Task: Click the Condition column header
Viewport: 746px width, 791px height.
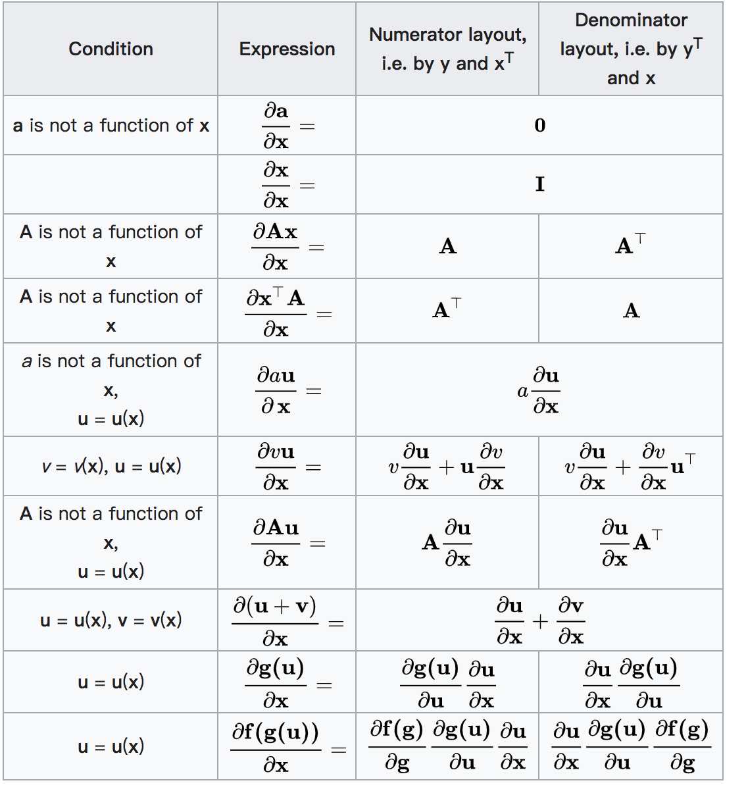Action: (x=111, y=49)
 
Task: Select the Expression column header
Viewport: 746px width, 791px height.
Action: (x=287, y=49)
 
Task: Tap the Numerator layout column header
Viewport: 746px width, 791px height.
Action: (x=447, y=49)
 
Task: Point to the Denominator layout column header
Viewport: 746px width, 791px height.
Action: (x=631, y=49)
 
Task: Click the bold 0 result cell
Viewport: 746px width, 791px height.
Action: (x=539, y=126)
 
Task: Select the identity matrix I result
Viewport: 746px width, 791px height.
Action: (x=539, y=184)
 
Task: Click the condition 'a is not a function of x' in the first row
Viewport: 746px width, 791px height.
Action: (x=111, y=126)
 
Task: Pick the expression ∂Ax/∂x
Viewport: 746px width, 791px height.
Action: (x=276, y=247)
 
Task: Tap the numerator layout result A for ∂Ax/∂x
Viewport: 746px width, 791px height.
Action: (x=447, y=247)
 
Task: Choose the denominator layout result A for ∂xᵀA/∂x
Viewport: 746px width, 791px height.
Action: (x=631, y=311)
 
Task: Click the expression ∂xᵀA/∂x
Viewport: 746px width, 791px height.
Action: (x=276, y=312)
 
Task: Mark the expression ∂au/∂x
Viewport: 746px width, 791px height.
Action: (x=276, y=391)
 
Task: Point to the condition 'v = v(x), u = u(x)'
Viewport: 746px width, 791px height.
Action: (x=111, y=467)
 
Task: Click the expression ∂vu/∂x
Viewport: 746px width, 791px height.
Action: (x=276, y=467)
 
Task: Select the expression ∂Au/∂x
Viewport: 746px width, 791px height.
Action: (x=276, y=543)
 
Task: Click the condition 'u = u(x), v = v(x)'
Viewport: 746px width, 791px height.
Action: (x=111, y=621)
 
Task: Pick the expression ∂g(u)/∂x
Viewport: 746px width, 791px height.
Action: (x=276, y=683)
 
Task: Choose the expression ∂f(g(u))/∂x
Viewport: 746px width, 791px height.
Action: (x=276, y=747)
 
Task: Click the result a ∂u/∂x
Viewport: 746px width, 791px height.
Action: (x=538, y=391)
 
